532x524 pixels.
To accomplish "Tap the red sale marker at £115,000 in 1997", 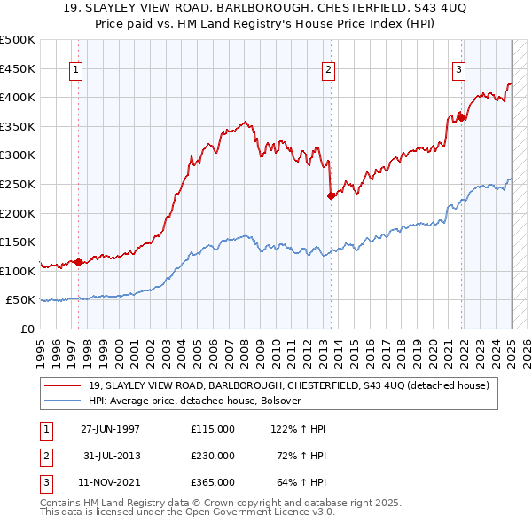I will tap(78, 262).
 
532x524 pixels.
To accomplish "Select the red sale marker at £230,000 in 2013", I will tap(331, 196).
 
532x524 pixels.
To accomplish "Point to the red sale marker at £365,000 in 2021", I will tap(461, 117).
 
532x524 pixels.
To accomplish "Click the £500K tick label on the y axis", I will tap(18, 40).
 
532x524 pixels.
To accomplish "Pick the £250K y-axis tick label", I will tap(18, 184).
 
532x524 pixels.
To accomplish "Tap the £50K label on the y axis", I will tap(21, 300).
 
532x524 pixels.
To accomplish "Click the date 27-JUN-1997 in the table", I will tap(110, 429).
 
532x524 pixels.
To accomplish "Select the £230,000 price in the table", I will tap(213, 456).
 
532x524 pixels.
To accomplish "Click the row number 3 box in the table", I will tap(44, 482).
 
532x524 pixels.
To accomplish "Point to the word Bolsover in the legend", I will tap(281, 401).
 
